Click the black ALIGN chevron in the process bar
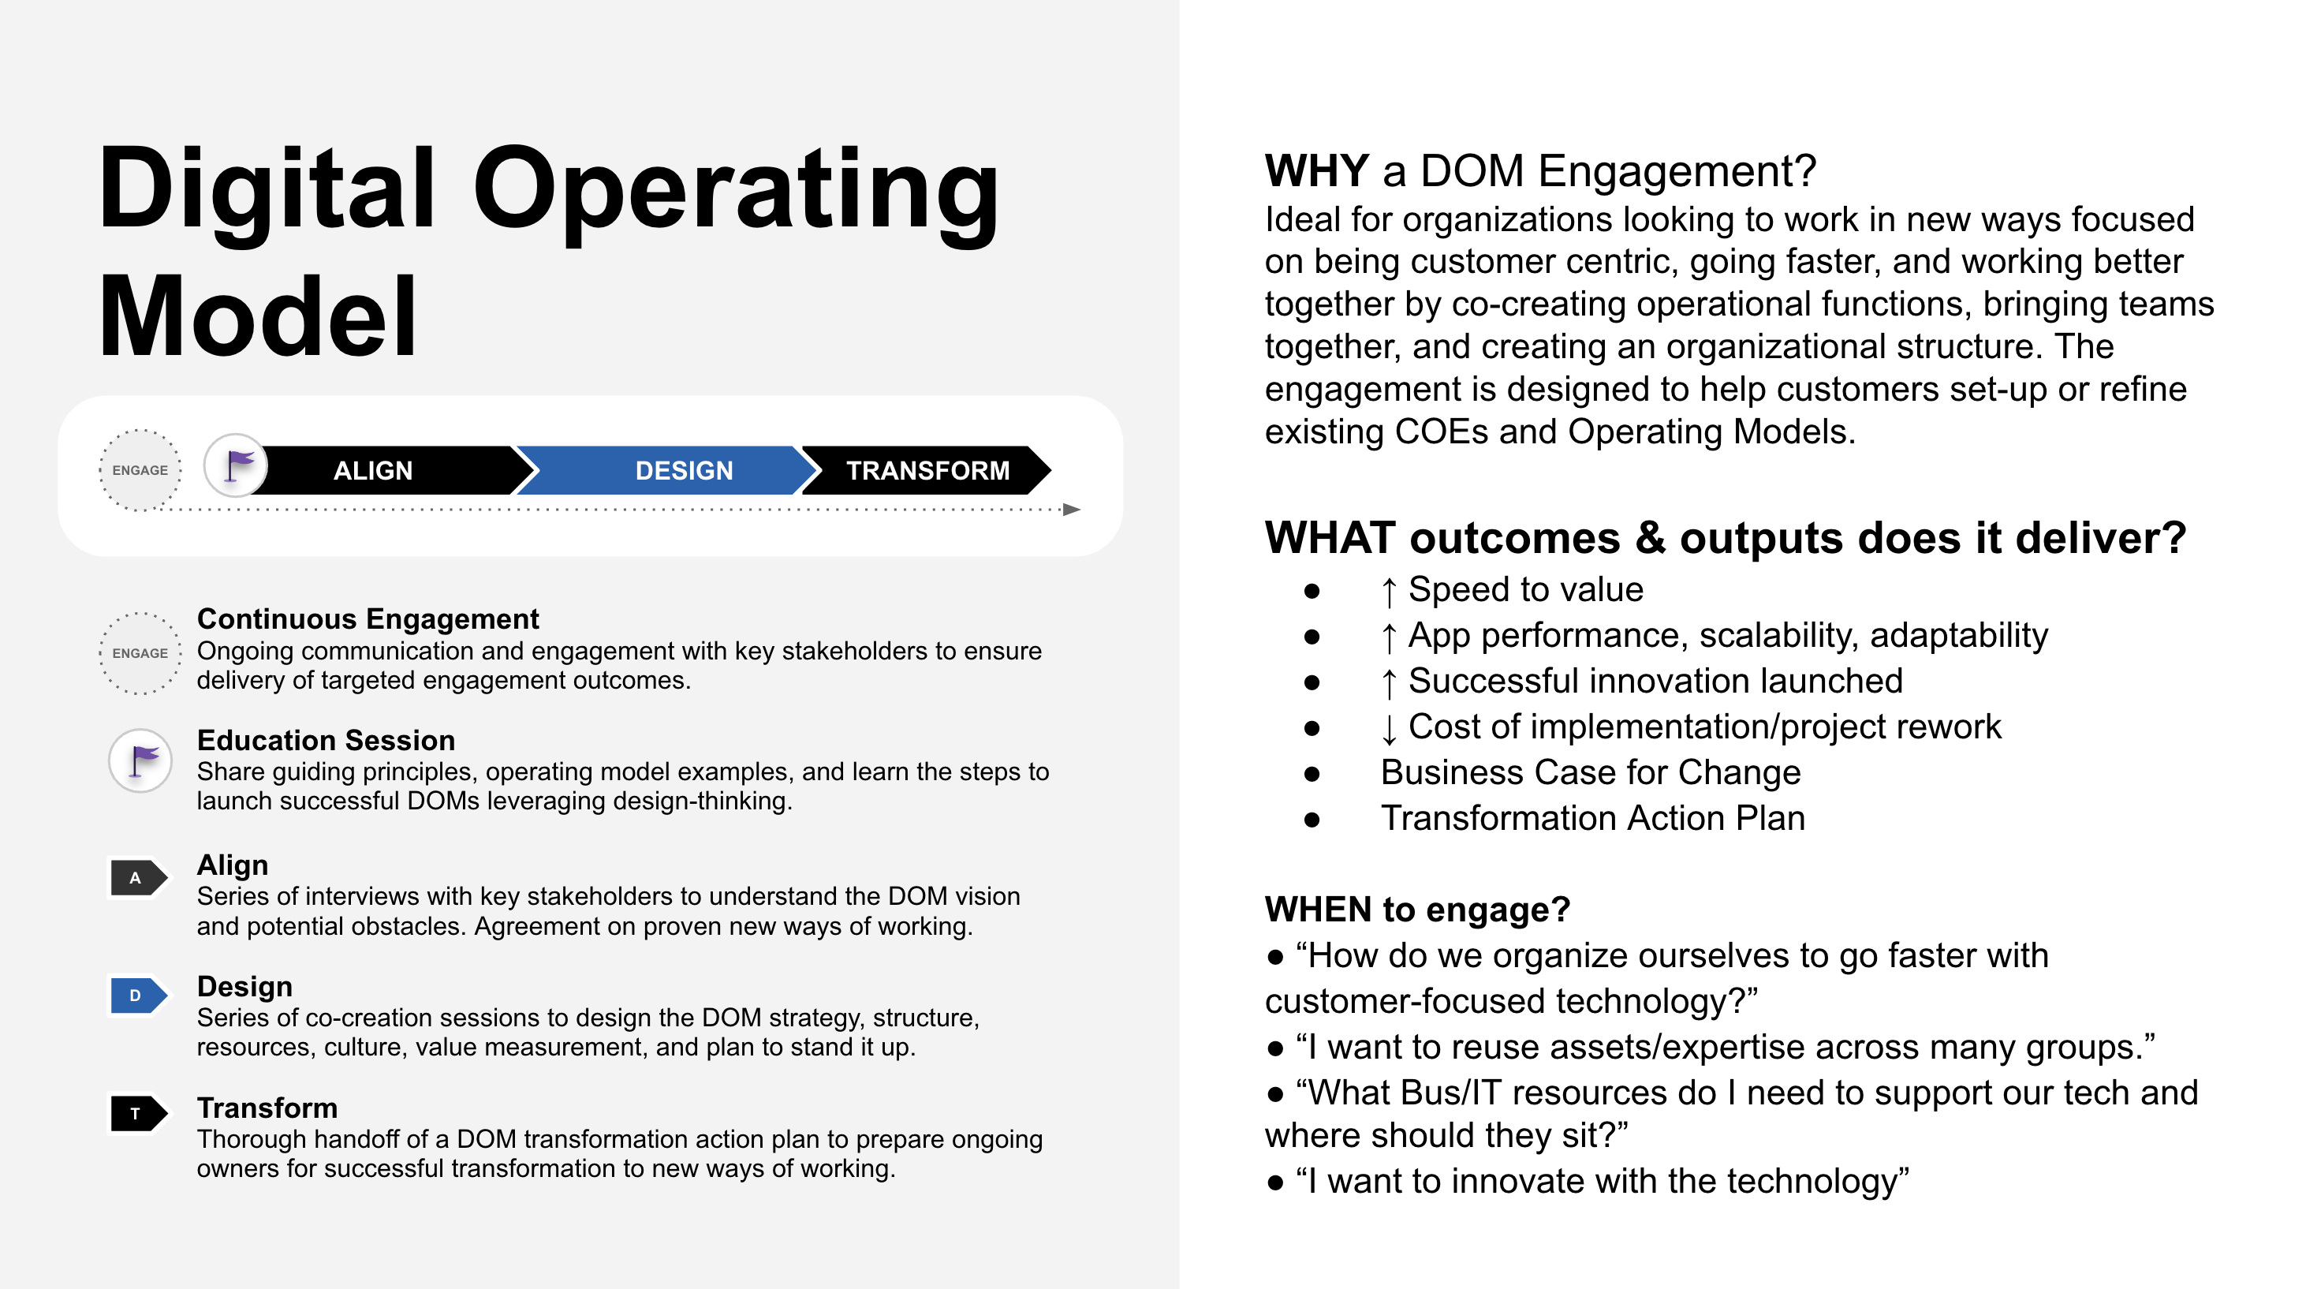pos(385,470)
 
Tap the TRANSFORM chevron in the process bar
pos(927,470)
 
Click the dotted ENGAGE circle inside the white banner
pos(140,470)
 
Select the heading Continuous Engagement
pos(368,618)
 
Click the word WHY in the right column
pos(1317,171)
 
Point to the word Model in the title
pos(258,318)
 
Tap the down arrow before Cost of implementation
pos(1389,729)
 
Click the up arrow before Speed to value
pos(1389,591)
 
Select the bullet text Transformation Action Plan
pos(1592,818)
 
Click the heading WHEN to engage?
pos(1417,910)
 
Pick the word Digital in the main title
pos(267,190)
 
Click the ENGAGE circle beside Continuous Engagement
pos(140,653)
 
